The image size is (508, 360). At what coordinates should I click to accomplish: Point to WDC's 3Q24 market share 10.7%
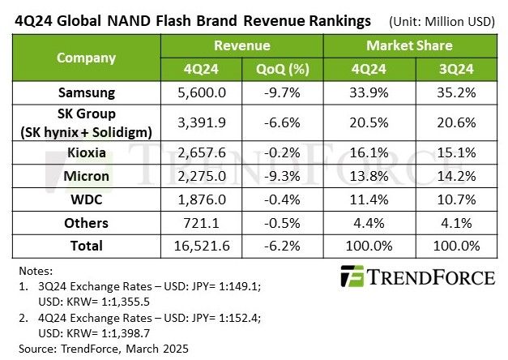tap(454, 199)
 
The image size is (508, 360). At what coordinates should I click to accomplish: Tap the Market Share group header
tap(409, 45)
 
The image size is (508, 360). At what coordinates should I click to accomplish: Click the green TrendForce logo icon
tap(354, 276)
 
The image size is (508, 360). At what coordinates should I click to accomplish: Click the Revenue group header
tap(244, 45)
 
